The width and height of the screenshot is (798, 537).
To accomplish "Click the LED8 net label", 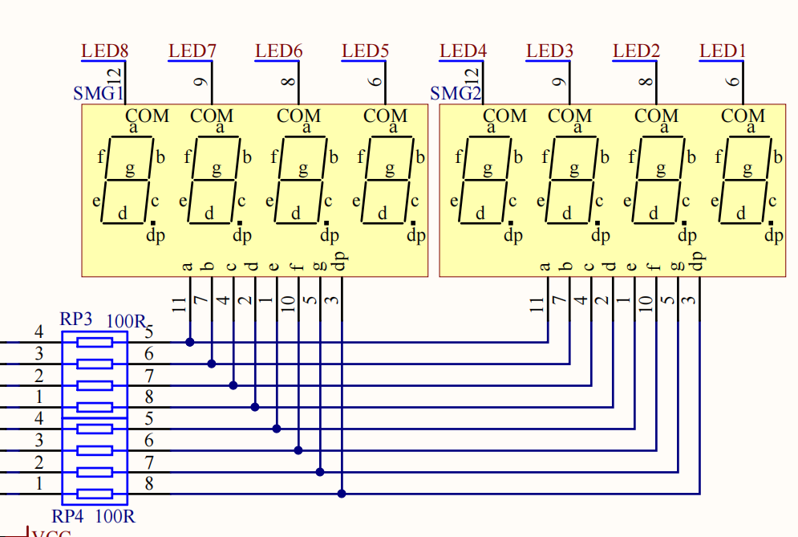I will pos(104,51).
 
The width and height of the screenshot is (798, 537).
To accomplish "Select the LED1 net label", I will pos(723,51).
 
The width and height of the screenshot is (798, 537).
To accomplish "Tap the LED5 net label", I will pos(365,51).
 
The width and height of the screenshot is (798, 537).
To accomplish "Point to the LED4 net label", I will pos(463,51).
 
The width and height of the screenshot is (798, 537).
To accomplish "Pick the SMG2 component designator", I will pos(456,93).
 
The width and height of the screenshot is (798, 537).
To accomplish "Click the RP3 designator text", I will pos(76,319).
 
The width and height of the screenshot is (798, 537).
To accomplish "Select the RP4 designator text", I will pos(69,516).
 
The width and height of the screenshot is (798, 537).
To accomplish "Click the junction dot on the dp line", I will pos(342,494).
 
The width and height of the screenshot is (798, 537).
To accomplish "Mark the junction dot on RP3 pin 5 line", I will pos(190,342).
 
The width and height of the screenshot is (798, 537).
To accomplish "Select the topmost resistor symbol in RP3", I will pos(94,342).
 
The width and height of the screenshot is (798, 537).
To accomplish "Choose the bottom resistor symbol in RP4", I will pos(94,494).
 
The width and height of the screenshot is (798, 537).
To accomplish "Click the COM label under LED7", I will pos(212,116).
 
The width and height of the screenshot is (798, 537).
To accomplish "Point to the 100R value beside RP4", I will pos(115,516).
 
